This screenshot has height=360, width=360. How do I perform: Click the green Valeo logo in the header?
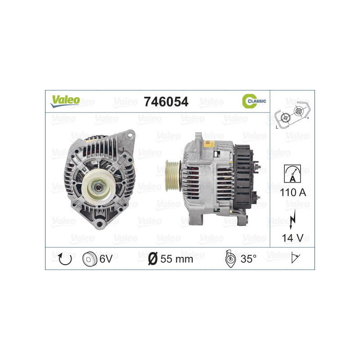point(65,101)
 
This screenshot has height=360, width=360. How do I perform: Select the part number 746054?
point(165,102)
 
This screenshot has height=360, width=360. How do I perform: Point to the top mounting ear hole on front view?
point(130,135)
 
